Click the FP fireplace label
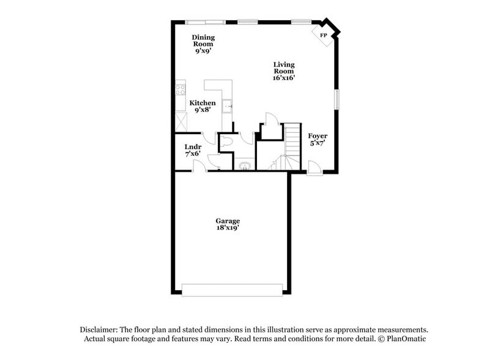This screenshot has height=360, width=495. pos(323,36)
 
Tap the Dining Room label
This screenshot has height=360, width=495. pos(203,44)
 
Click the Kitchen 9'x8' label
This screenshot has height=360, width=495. pos(202,107)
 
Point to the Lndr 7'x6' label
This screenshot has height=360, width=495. pos(193,151)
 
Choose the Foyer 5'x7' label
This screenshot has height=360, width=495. pos(317,139)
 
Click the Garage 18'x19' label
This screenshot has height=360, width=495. pos(227,224)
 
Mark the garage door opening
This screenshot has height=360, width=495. pos(233,290)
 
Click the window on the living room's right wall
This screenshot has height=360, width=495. pos(335,99)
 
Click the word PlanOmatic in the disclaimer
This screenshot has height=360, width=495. pos(405,339)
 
